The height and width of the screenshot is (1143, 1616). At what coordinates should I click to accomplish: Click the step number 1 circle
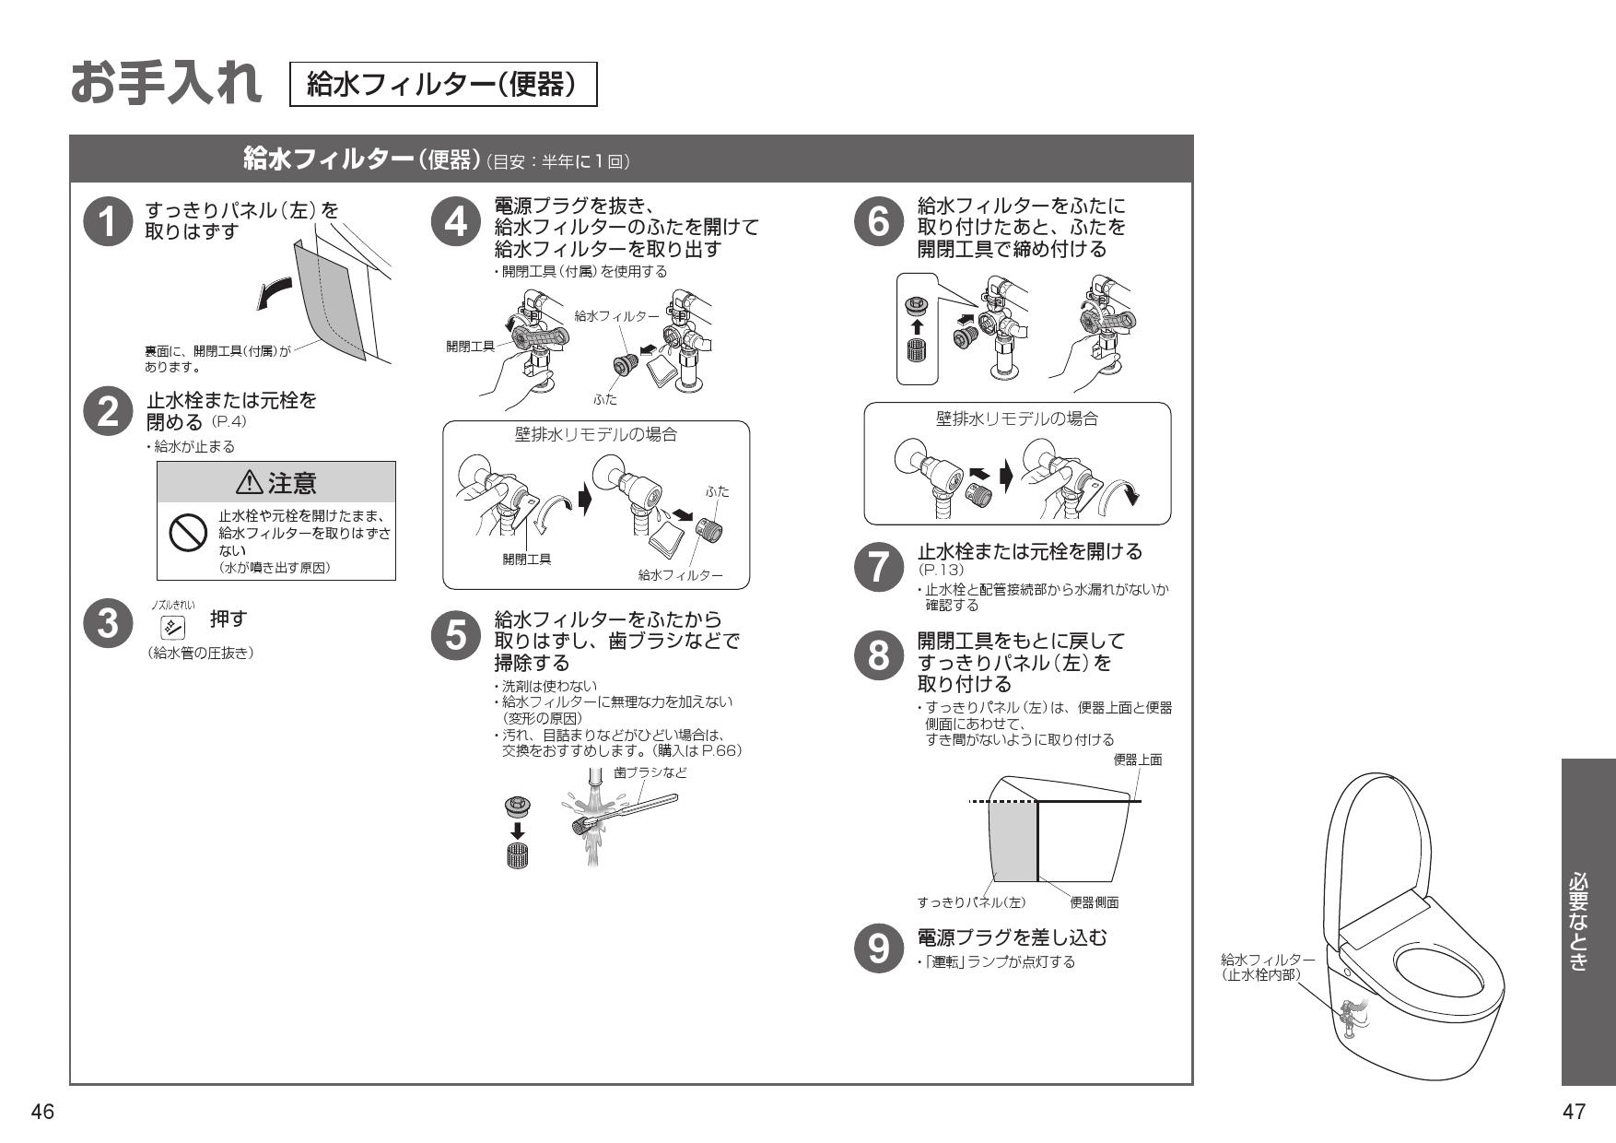108,224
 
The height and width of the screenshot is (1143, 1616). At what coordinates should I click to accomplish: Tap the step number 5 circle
456,635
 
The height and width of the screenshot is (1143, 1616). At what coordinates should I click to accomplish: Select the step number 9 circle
879,949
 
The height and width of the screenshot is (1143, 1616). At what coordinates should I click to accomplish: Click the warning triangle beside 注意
250,481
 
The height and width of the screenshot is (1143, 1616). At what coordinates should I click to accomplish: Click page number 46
42,1112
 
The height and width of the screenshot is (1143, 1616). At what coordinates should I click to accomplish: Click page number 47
1575,1112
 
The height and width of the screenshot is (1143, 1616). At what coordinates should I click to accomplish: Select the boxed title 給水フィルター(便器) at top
443,85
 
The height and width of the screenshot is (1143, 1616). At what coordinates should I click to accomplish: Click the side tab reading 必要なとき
1587,921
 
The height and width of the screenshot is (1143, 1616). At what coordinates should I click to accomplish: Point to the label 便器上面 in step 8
1138,760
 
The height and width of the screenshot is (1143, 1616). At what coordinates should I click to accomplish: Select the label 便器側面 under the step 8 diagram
1094,902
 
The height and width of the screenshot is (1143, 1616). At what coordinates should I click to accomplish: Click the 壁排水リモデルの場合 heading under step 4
595,434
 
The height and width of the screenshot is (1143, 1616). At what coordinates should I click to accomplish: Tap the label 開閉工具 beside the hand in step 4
470,346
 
